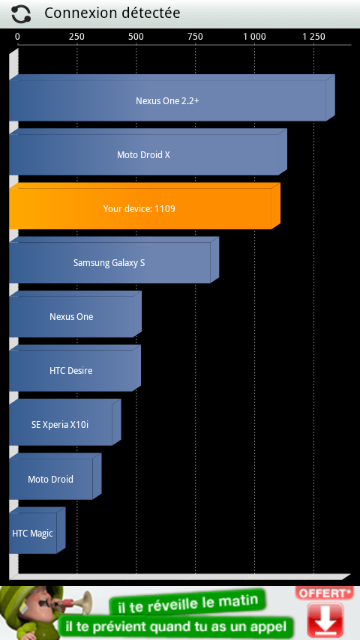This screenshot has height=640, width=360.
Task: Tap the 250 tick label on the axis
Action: (x=76, y=37)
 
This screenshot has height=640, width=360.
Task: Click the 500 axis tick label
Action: (x=136, y=37)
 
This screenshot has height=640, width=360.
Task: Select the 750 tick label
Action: (x=195, y=37)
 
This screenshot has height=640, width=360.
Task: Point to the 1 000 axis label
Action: (x=254, y=37)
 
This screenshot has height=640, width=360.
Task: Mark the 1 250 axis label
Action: (x=313, y=37)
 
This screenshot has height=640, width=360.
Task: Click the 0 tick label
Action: (x=17, y=37)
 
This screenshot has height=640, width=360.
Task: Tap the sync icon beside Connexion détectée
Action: (x=21, y=14)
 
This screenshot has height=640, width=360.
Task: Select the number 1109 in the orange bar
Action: (x=165, y=209)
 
